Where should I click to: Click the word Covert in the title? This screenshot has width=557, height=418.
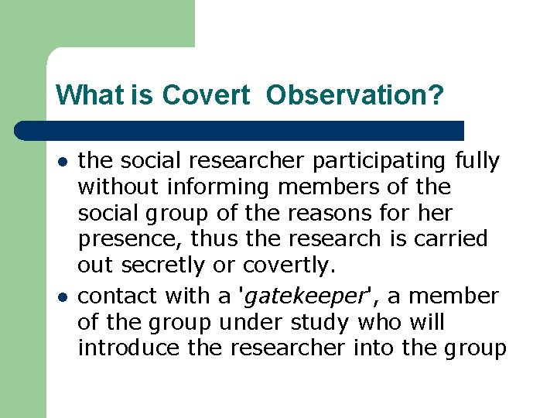[x=206, y=95]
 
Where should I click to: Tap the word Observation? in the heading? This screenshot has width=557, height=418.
[x=355, y=95]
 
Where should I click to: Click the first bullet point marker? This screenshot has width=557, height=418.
[x=61, y=161]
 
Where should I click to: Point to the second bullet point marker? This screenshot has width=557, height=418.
[x=61, y=296]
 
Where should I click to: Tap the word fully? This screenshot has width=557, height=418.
[x=477, y=161]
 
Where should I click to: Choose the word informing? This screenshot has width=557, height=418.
[x=219, y=187]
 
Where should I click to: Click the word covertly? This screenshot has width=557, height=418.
[x=289, y=266]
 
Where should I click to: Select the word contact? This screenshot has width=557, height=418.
[x=118, y=296]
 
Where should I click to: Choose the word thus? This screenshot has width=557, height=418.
[x=206, y=239]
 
